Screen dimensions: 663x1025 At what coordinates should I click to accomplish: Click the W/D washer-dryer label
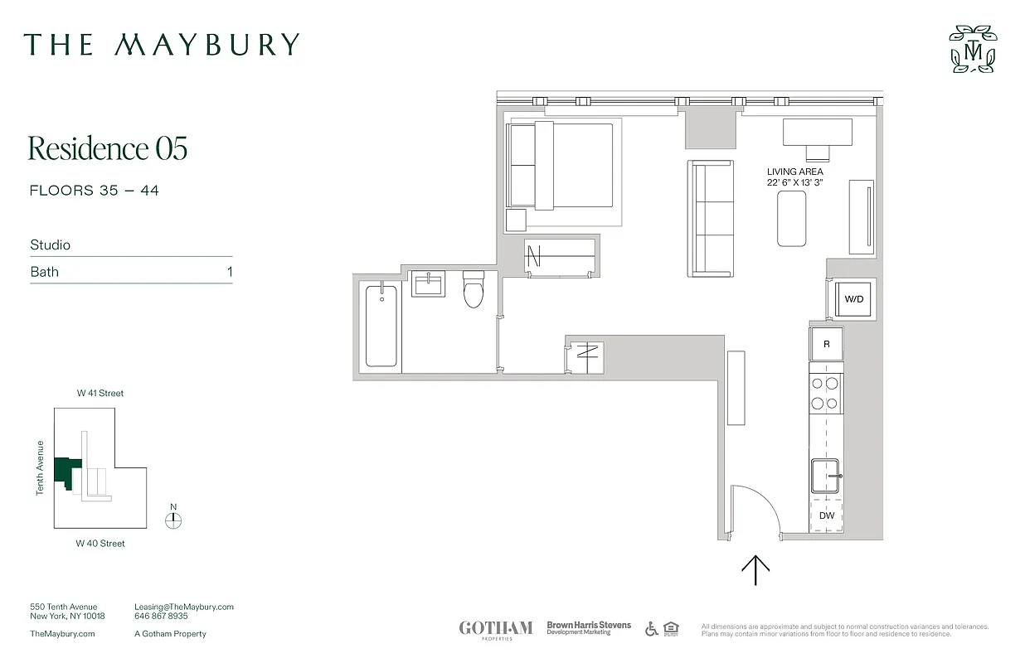(x=854, y=299)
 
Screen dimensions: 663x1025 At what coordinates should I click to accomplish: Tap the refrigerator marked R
(x=826, y=344)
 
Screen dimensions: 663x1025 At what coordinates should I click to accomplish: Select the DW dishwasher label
(x=826, y=515)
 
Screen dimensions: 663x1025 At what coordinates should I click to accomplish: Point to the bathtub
(x=381, y=325)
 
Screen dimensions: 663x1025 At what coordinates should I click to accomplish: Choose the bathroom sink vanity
(x=430, y=284)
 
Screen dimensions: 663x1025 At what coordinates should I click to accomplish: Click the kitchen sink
(x=825, y=477)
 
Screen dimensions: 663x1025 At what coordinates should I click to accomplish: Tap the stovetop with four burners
(x=825, y=394)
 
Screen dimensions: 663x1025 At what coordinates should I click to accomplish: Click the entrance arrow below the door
(x=755, y=570)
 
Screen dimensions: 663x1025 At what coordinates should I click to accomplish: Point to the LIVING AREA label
(x=794, y=172)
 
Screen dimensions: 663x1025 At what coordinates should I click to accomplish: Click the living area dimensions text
(x=794, y=183)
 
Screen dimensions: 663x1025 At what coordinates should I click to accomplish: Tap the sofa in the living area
(x=712, y=219)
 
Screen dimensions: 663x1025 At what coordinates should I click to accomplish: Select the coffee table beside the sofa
(x=791, y=218)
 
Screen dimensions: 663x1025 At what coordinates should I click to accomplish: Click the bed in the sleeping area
(x=561, y=165)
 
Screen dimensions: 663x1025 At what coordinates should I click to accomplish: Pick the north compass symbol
(x=173, y=520)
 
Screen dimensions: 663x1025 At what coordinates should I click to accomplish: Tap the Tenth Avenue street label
(x=40, y=468)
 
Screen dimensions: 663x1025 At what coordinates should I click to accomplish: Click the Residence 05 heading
(x=108, y=148)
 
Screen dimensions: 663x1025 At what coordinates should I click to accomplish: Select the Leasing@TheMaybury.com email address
(x=184, y=607)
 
